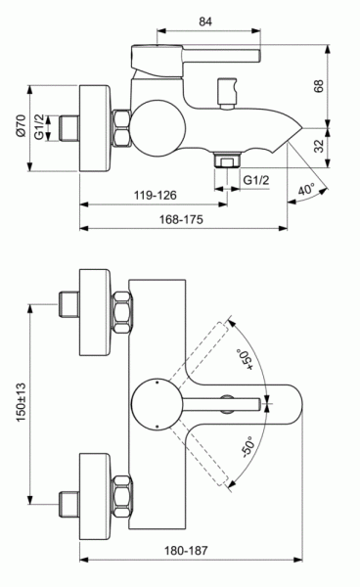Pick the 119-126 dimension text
153,195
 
